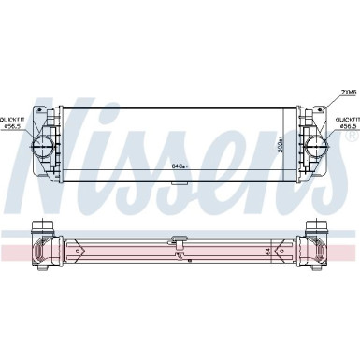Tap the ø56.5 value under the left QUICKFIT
pyautogui.click(x=14, y=128)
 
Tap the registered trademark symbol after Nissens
pyautogui.click(x=351, y=137)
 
